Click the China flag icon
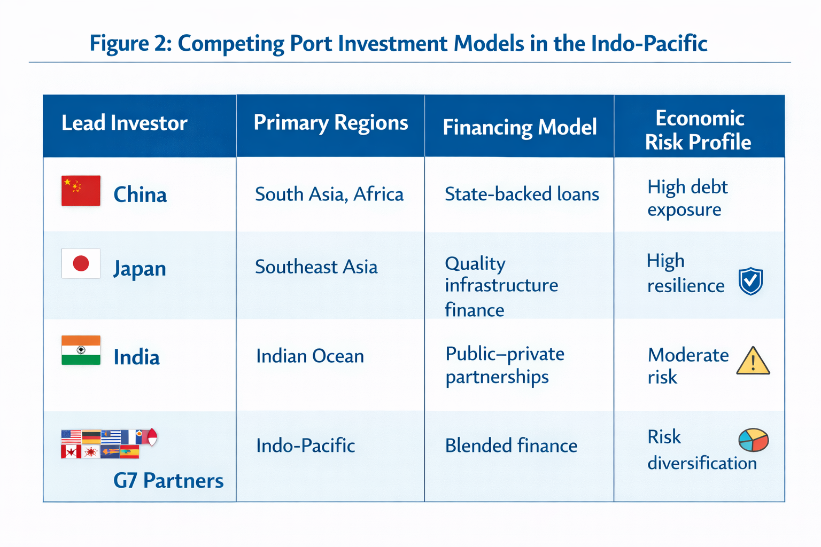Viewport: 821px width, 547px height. [81, 191]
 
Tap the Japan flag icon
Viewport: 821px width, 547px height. [81, 263]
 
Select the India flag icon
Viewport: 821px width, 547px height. [81, 350]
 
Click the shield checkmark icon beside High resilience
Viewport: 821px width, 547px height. [750, 281]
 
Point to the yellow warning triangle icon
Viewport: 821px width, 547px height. [753, 361]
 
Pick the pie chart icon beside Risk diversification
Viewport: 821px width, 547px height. [753, 440]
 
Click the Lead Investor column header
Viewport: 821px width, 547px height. [124, 123]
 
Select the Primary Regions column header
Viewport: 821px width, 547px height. [330, 123]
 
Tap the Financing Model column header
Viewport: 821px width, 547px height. [520, 127]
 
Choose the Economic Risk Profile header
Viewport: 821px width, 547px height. [699, 130]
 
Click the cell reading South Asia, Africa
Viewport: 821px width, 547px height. [329, 194]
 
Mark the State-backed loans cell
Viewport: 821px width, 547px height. [522, 194]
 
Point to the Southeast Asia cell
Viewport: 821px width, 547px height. [316, 267]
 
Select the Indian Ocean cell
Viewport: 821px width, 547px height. [310, 356]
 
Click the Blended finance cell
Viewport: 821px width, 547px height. [511, 446]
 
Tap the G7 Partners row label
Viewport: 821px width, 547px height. [168, 481]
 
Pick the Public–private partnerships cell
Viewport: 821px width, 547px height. [505, 365]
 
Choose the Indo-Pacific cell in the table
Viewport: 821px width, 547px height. [305, 446]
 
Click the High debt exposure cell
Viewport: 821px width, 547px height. [687, 198]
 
